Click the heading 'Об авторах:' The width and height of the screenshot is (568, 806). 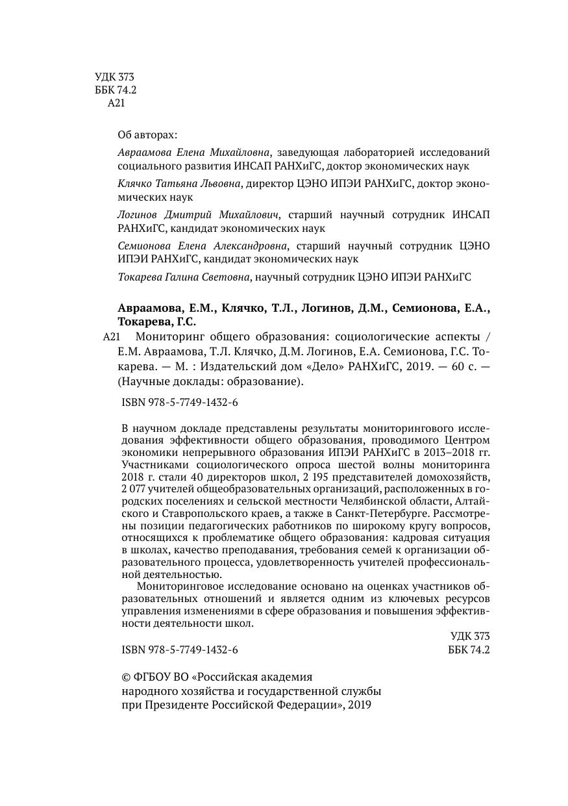[x=147, y=135]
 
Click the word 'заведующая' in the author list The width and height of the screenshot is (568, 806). [x=304, y=153]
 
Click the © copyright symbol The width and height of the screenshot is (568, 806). [x=127, y=676]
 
